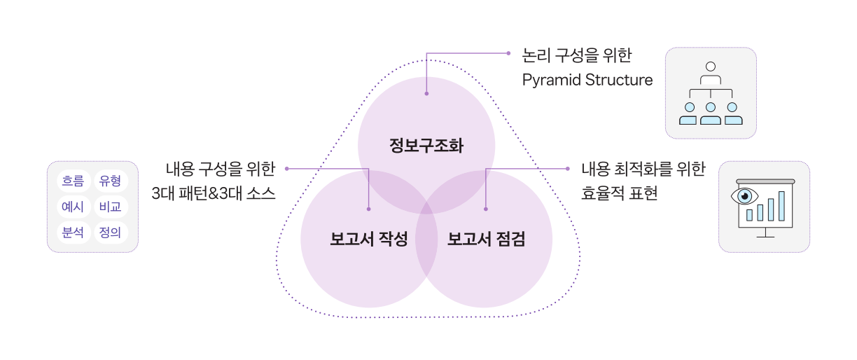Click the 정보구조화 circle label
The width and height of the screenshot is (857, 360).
[x=426, y=146]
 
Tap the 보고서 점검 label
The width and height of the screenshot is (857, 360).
[x=486, y=240]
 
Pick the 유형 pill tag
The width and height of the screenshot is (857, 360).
[x=111, y=181]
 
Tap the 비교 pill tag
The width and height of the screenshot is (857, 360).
[x=111, y=207]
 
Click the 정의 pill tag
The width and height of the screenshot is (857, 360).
[x=111, y=232]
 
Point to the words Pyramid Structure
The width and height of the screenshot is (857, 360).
[x=587, y=80]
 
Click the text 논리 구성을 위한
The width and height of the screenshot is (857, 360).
[x=578, y=53]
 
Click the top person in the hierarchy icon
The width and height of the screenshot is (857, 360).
[x=711, y=67]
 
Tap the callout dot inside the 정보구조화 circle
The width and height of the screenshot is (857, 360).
[x=426, y=92]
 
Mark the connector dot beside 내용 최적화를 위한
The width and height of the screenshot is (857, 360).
[x=568, y=168]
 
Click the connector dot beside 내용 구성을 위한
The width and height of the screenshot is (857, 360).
[x=287, y=168]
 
